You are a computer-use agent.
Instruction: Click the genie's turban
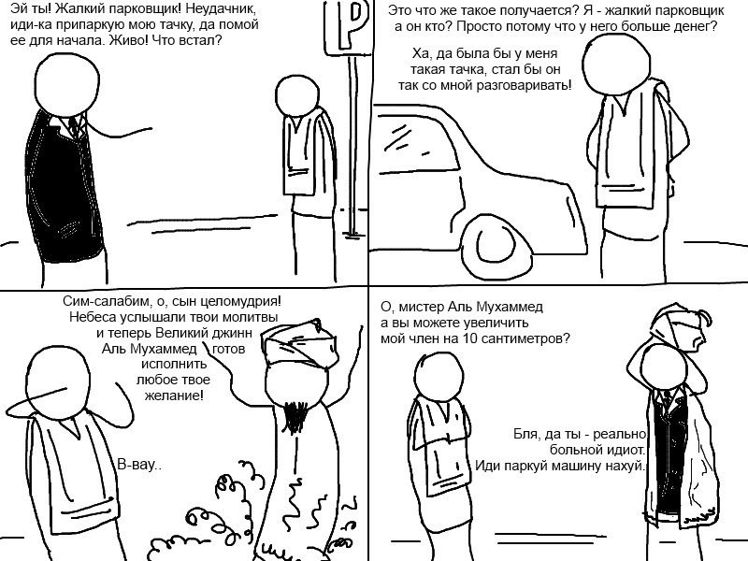pos(299,344)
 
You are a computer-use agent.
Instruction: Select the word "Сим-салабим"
pos(103,301)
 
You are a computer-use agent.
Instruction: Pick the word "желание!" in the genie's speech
pos(174,396)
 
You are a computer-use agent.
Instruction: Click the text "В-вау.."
pos(139,465)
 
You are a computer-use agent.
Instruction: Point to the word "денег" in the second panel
pos(696,26)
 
